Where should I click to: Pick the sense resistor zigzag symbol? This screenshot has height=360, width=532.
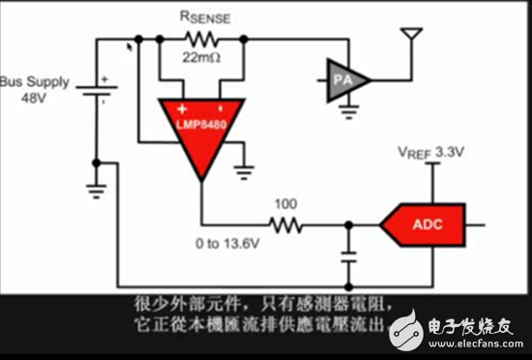pyautogui.click(x=202, y=39)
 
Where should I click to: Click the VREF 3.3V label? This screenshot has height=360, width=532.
pyautogui.click(x=433, y=153)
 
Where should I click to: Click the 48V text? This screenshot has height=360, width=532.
pyautogui.click(x=31, y=99)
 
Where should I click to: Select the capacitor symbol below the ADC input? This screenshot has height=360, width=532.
pyautogui.click(x=346, y=258)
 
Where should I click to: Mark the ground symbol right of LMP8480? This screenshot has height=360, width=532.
pyautogui.click(x=246, y=171)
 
